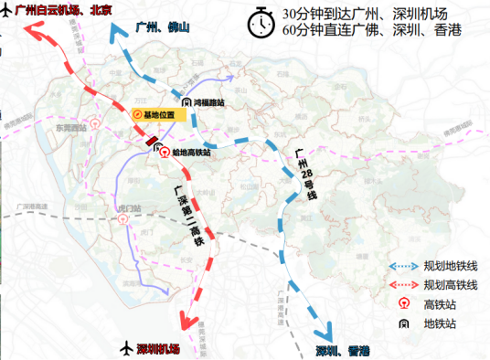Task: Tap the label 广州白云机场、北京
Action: (59, 11)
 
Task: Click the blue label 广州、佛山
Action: (161, 27)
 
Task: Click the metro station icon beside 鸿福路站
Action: (186, 103)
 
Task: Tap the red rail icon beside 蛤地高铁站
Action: (165, 153)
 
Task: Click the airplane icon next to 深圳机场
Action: (125, 349)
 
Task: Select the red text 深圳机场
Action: (158, 349)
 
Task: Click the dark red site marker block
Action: (151, 141)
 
